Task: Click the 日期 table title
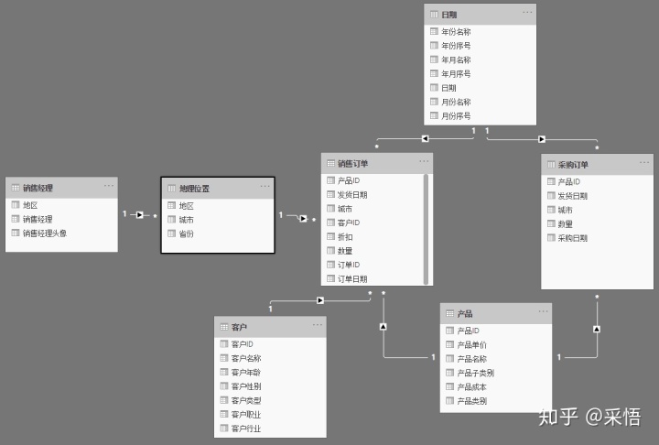pos(449,15)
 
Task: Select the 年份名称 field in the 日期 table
pos(456,31)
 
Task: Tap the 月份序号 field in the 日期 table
pos(456,116)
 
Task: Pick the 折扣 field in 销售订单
pos(345,236)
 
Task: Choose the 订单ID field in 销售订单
pos(348,265)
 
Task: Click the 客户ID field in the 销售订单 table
pos(348,222)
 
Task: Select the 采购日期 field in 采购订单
pos(572,238)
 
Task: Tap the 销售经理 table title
pos(38,188)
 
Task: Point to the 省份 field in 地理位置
pos(187,233)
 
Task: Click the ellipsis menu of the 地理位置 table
pos(265,187)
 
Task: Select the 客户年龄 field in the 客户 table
pos(246,373)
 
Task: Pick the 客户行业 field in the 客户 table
pos(246,429)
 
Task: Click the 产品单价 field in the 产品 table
pos(472,344)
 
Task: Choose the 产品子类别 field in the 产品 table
pos(475,373)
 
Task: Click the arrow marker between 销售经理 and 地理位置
pos(140,215)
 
